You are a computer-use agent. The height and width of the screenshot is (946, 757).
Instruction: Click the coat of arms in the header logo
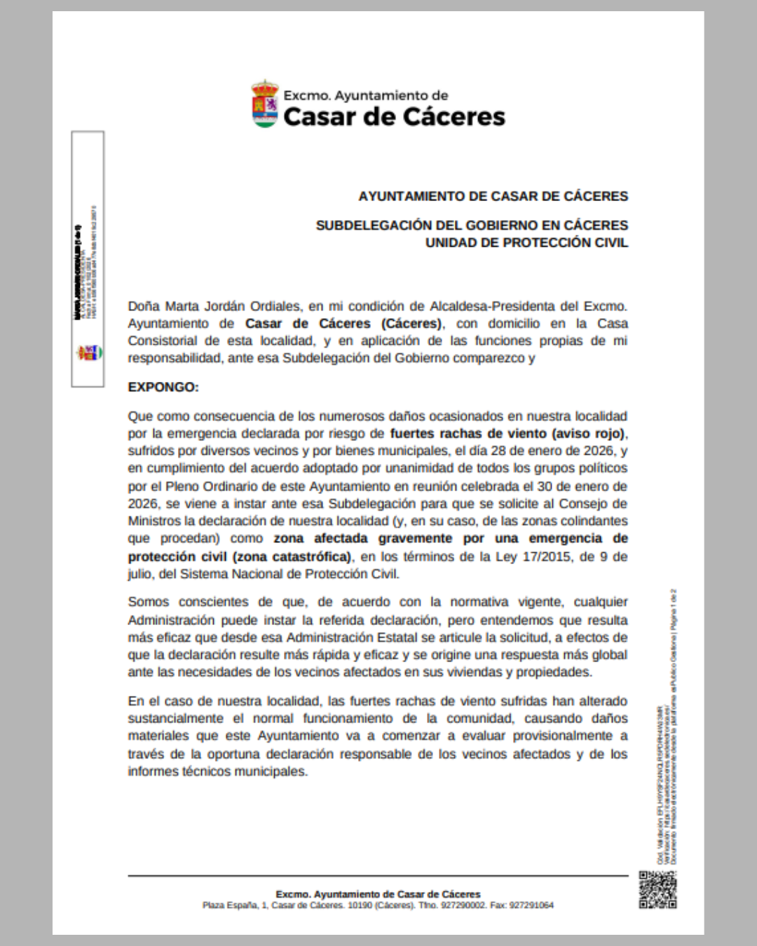click(x=264, y=104)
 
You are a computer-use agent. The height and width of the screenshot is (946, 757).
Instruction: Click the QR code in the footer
click(x=657, y=889)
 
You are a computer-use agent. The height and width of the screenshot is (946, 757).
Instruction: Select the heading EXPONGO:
click(x=163, y=387)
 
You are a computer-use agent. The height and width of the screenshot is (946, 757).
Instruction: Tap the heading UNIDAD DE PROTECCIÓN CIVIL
click(x=526, y=242)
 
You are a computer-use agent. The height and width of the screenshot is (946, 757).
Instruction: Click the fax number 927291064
click(x=532, y=905)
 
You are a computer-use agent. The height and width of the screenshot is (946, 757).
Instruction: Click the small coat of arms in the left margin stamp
click(x=89, y=352)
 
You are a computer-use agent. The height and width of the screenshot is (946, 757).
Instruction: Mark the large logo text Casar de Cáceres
click(x=394, y=116)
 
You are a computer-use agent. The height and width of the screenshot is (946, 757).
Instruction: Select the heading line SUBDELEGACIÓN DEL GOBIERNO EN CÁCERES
click(x=472, y=225)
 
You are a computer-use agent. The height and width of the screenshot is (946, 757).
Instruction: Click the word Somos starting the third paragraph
click(x=148, y=602)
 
